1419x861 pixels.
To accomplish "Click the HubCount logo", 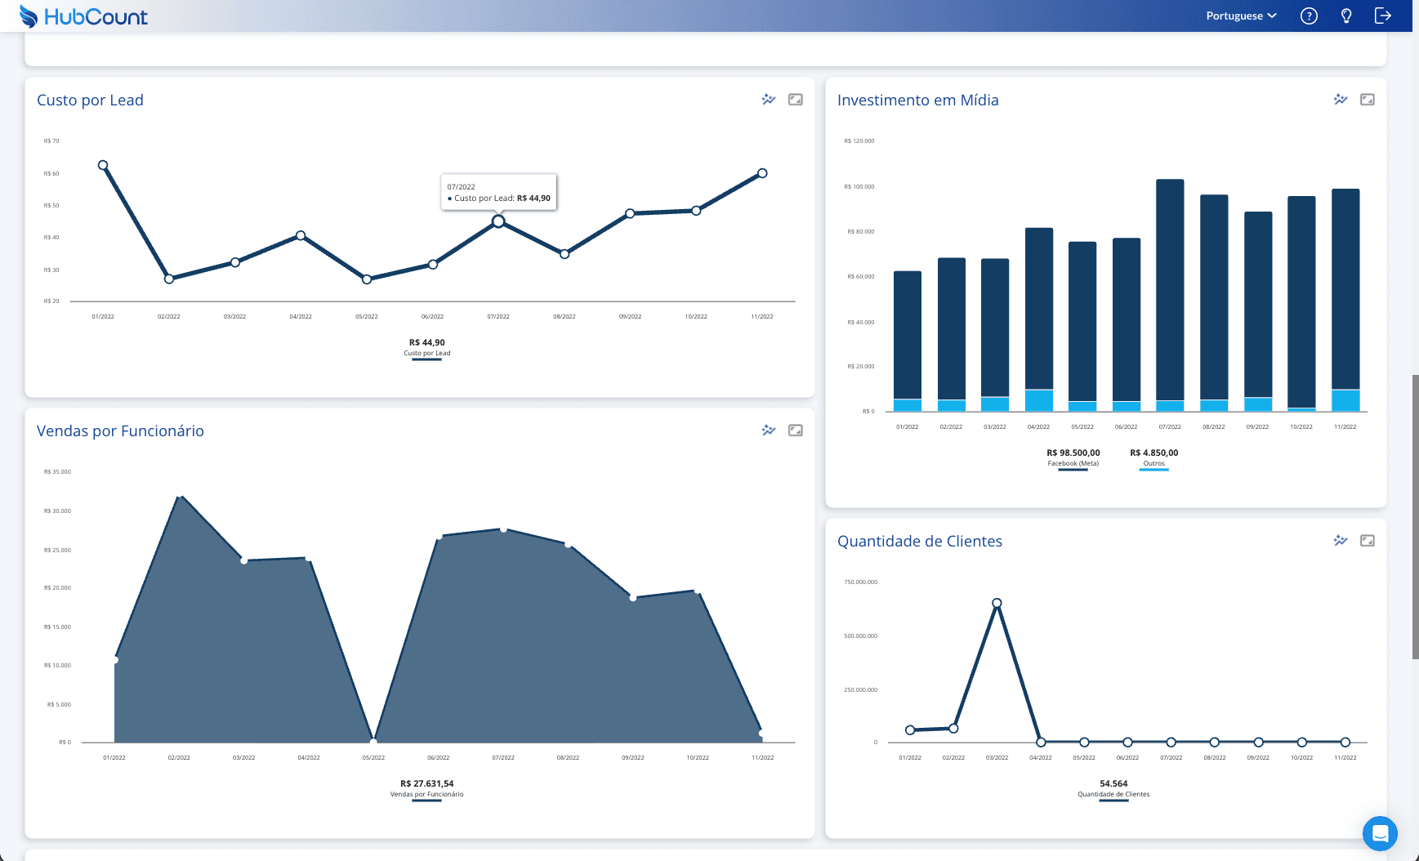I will click(x=83, y=16).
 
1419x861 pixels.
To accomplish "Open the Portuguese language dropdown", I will click(x=1241, y=16).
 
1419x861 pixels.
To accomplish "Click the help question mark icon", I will click(x=1309, y=16).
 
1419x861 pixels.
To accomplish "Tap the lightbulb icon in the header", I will click(x=1346, y=16).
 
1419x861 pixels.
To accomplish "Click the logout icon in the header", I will click(x=1383, y=16).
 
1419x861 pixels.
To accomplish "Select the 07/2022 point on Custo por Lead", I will click(x=498, y=221).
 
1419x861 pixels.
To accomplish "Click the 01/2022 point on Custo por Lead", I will click(x=103, y=165).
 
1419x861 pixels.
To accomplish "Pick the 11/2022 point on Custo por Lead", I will click(x=762, y=173).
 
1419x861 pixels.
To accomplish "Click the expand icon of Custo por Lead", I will click(x=795, y=100).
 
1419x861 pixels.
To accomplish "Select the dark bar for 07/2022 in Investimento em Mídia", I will click(x=1170, y=286).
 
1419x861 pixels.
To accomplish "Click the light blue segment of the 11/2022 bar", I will click(x=1345, y=400).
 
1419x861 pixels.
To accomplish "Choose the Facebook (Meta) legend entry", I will click(x=1073, y=457).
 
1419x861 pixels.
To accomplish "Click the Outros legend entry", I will click(x=1153, y=457).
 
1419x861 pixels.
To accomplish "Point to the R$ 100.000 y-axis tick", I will click(x=859, y=187).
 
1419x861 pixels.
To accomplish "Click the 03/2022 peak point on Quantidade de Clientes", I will click(x=997, y=603).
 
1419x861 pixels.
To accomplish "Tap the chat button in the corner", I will click(x=1380, y=833).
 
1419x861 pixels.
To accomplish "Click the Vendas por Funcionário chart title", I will click(x=120, y=431).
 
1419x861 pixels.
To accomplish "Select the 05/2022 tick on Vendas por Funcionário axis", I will click(x=373, y=758).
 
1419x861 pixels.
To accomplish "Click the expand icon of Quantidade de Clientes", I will click(x=1367, y=541).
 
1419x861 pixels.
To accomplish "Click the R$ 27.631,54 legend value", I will click(x=426, y=783).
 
